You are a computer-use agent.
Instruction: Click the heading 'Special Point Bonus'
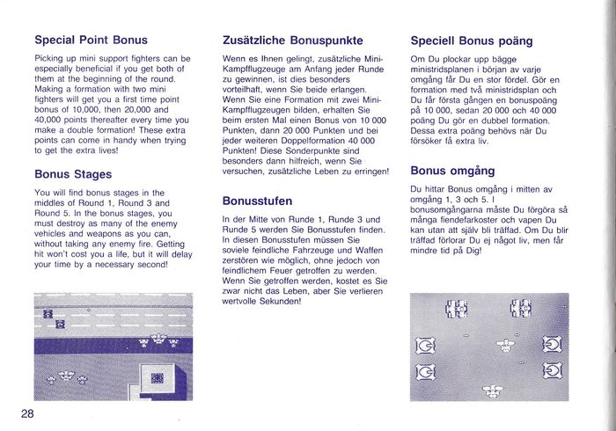(x=91, y=40)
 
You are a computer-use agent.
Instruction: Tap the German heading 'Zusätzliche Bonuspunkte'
(x=292, y=40)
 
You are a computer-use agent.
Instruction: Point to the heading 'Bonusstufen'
(x=256, y=201)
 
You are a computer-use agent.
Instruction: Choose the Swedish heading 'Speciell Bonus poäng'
(x=471, y=40)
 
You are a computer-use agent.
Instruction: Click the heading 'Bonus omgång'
(x=452, y=170)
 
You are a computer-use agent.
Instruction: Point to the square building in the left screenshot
(x=158, y=378)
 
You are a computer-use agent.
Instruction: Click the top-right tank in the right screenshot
(x=521, y=308)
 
